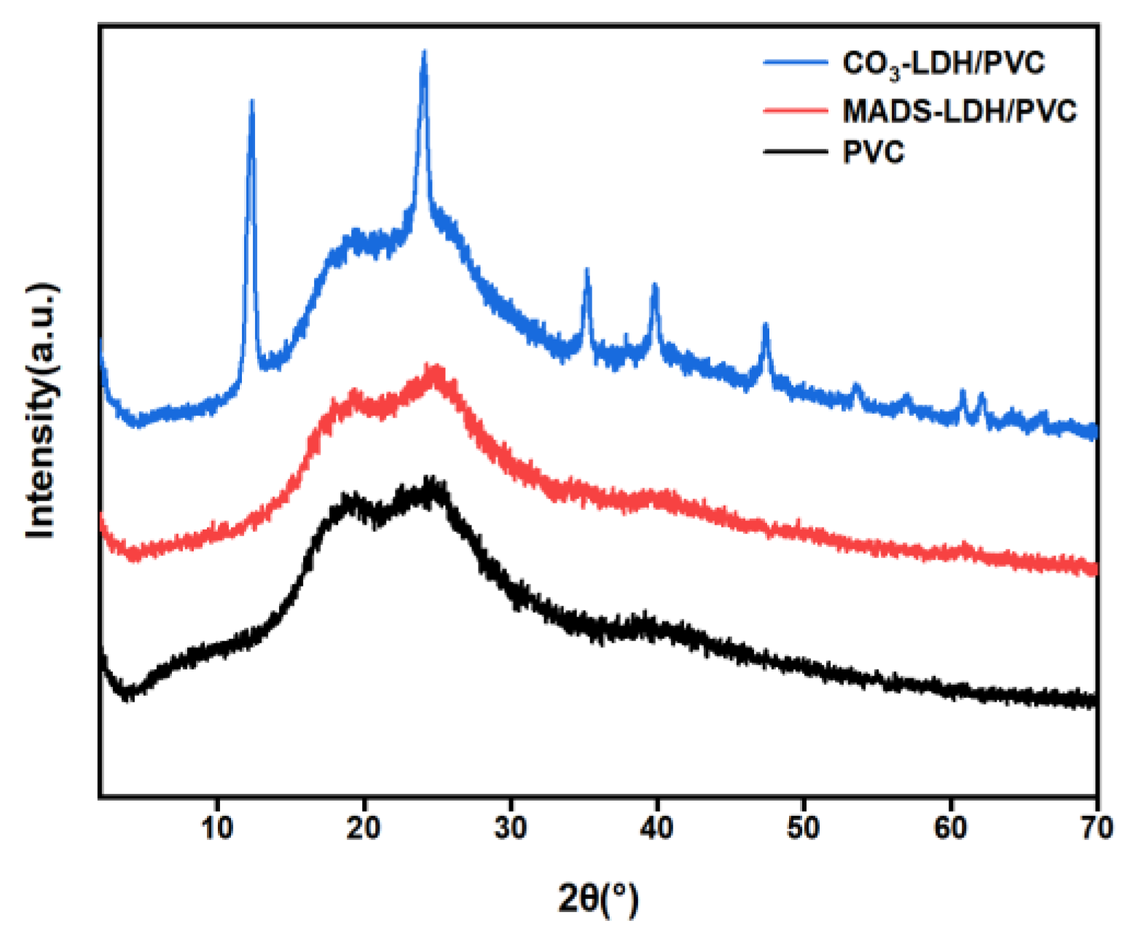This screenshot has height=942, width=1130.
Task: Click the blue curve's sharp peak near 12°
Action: point(251,102)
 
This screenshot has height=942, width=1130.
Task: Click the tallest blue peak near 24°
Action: point(424,52)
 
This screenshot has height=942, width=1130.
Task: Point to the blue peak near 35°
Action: point(586,271)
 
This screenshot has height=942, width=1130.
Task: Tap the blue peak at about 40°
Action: point(654,286)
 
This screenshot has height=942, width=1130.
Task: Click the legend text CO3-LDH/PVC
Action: point(943,64)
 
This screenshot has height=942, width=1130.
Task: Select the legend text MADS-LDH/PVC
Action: point(959,111)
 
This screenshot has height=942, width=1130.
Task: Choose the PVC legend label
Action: point(874,152)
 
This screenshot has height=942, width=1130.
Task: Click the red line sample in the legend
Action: point(796,111)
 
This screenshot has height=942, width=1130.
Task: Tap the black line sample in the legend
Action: point(796,152)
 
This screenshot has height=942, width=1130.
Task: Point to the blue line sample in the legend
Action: point(796,63)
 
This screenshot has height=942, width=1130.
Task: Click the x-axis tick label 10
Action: point(216,828)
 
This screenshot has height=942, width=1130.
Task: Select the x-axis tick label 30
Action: point(510,828)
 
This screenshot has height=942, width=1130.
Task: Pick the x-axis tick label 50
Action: point(803,828)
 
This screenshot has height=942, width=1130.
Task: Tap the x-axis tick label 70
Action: point(1096,828)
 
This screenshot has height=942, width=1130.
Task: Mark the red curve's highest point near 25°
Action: point(436,366)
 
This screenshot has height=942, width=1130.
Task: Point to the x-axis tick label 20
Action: point(363,828)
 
